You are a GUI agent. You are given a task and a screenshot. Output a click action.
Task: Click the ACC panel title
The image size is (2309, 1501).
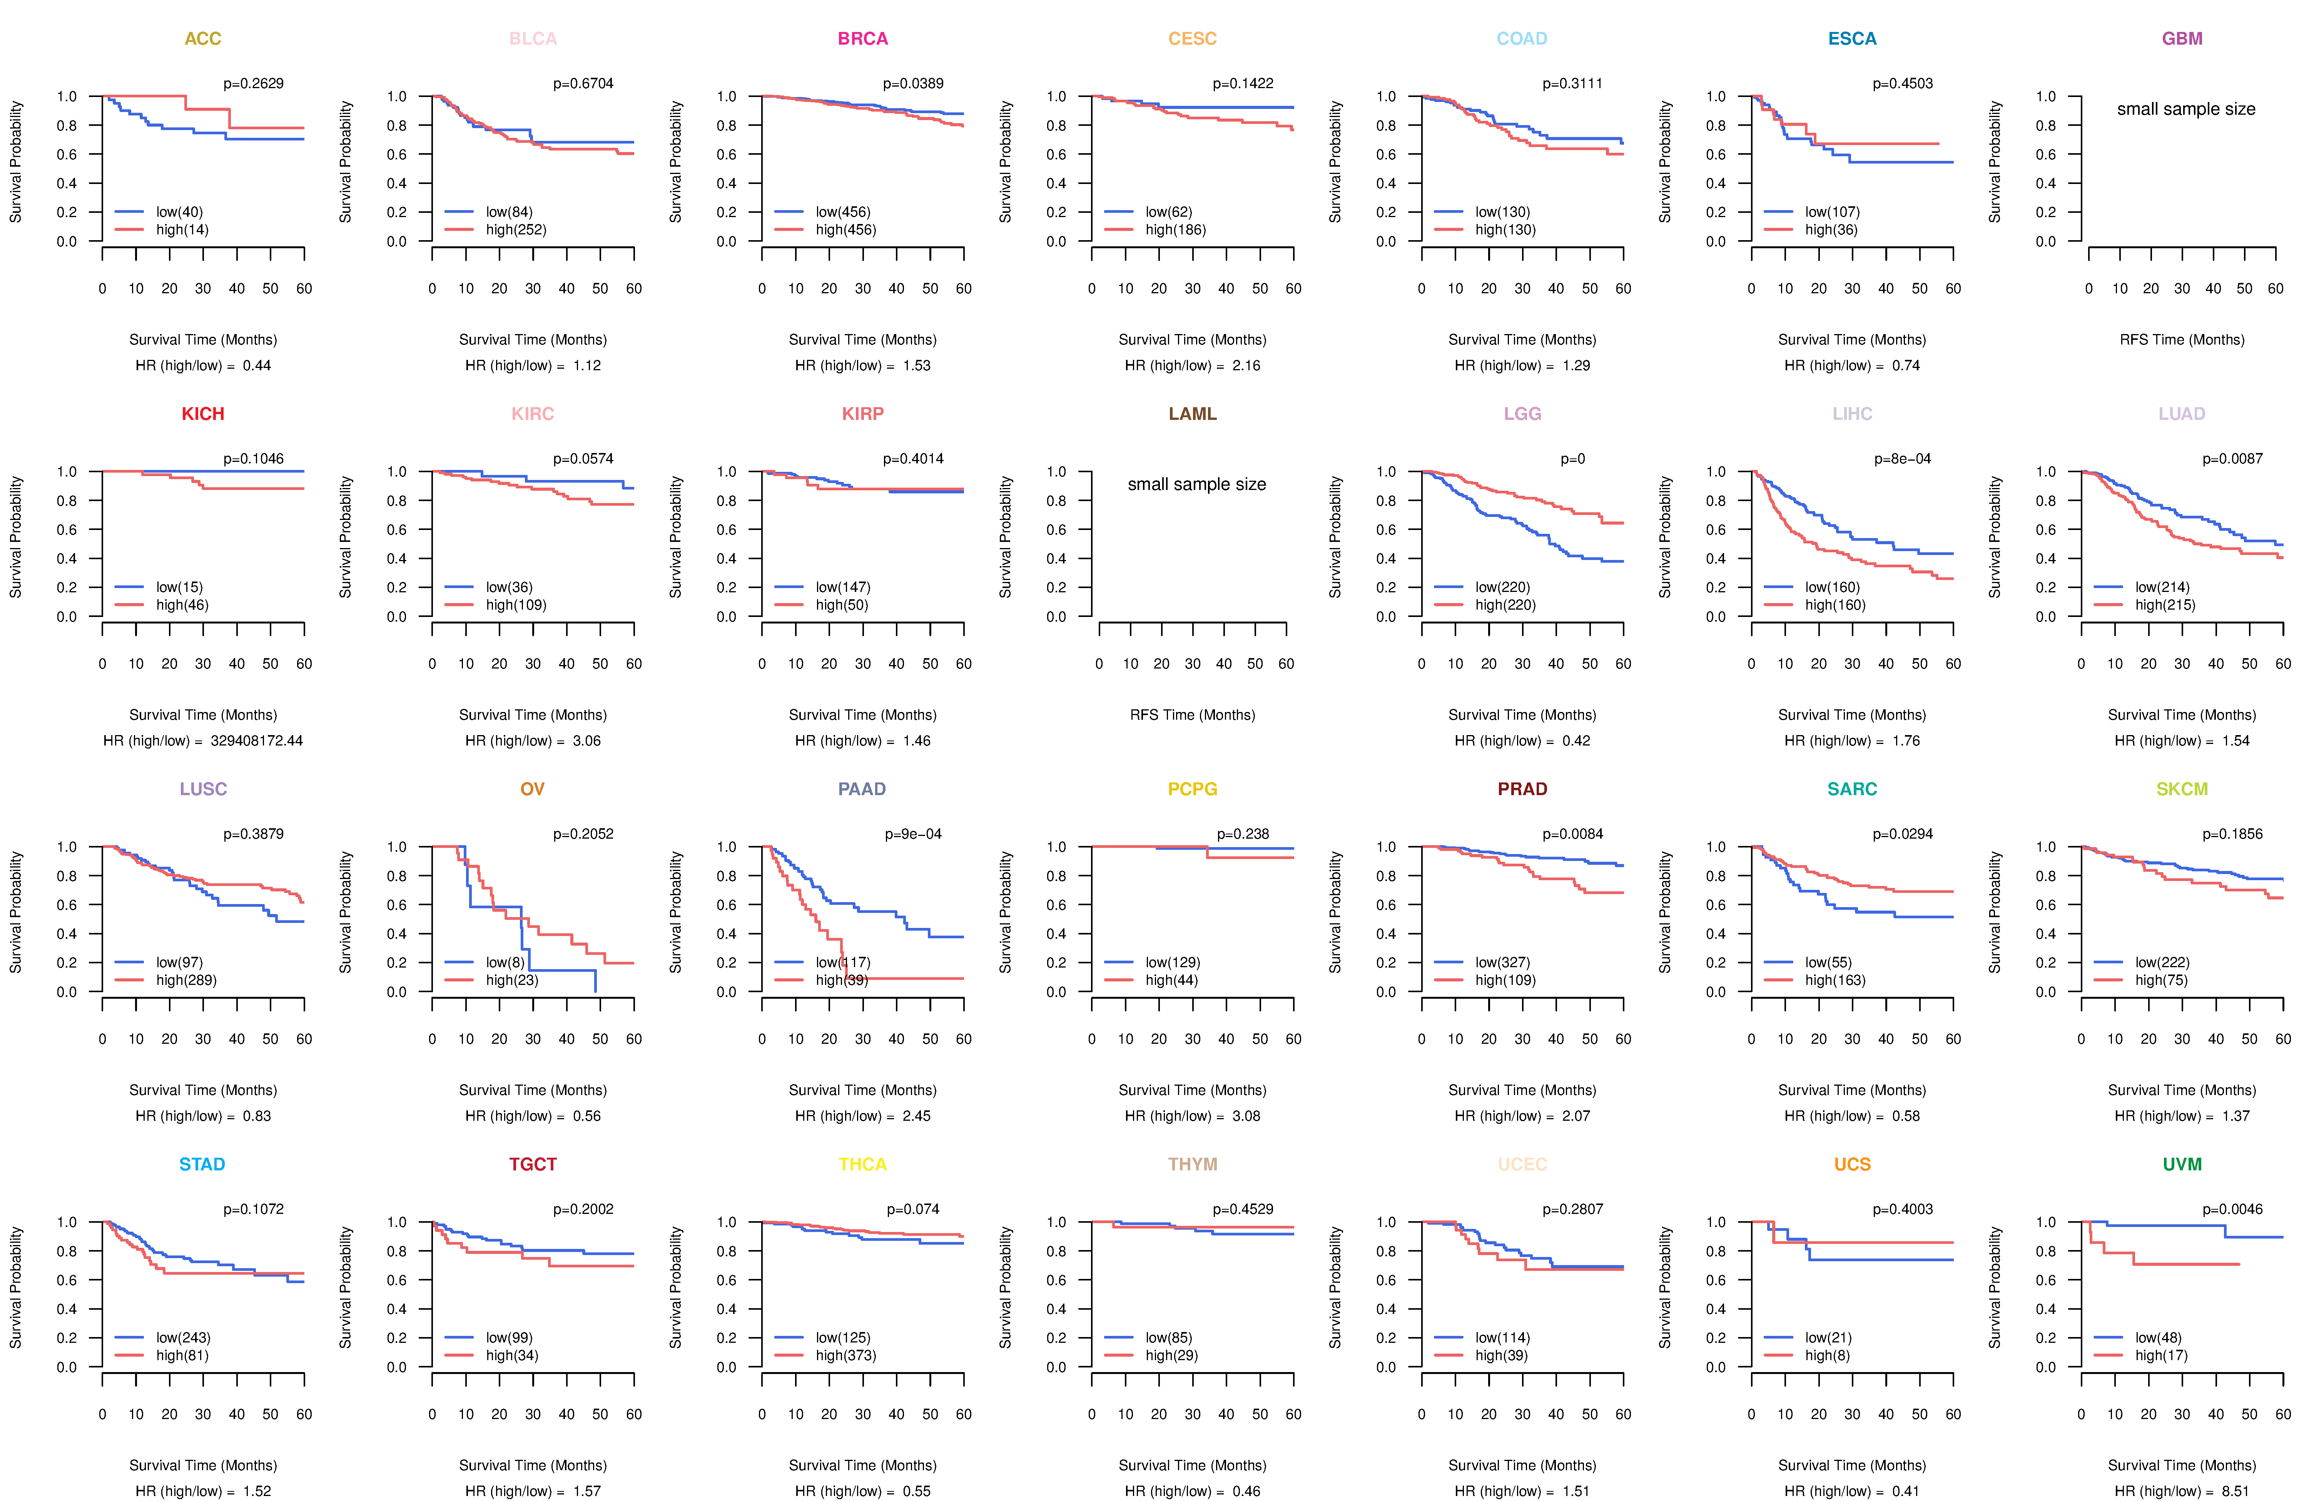pyautogui.click(x=203, y=39)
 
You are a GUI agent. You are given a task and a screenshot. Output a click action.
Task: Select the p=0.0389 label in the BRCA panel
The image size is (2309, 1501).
pyautogui.click(x=913, y=84)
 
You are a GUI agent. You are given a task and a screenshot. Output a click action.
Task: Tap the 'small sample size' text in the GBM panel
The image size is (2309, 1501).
pyautogui.click(x=2186, y=109)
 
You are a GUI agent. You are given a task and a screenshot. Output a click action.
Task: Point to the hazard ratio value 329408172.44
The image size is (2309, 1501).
pyautogui.click(x=256, y=740)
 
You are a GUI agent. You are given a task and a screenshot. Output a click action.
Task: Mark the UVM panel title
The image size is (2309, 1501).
pyautogui.click(x=2182, y=1164)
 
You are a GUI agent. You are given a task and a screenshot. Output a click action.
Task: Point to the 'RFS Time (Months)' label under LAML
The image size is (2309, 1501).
pyautogui.click(x=1192, y=715)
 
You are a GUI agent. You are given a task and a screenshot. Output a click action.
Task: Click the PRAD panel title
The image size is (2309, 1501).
pyautogui.click(x=1522, y=789)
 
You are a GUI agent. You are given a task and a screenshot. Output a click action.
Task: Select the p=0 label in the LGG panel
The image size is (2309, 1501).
pyautogui.click(x=1573, y=459)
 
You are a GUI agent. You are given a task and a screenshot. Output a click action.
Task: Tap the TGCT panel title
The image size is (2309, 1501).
pyautogui.click(x=533, y=1164)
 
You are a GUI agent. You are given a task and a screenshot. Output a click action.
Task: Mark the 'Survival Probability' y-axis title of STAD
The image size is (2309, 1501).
pyautogui.click(x=15, y=1287)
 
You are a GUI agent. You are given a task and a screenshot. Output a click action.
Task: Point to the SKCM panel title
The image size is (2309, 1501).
pyautogui.click(x=2182, y=789)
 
